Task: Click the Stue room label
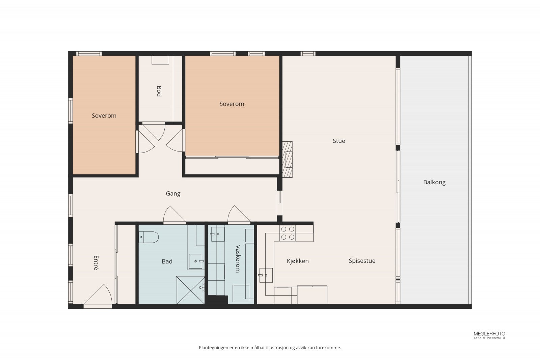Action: pos(339,141)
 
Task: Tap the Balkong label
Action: pos(434,183)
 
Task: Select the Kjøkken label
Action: pos(298,261)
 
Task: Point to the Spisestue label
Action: pos(362,261)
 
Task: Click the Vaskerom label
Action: pos(238,258)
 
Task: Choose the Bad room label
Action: pos(167,261)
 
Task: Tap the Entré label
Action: pos(96,262)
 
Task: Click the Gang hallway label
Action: pos(173,194)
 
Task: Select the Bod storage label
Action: pos(159,91)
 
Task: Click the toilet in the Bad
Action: pos(148,237)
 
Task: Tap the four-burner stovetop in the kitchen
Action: pos(288,233)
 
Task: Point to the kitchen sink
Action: pos(266,275)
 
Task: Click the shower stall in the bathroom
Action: pos(190,290)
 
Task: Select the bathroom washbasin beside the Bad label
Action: pos(196,261)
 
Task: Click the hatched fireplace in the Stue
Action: pos(287,160)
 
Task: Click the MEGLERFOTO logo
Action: pos(489,335)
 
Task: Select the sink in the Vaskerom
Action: pos(218,234)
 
